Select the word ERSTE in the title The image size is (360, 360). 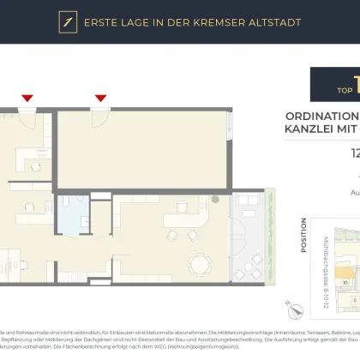tap(104, 22)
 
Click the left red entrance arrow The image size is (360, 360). tap(27, 99)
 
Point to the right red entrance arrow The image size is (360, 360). tap(101, 99)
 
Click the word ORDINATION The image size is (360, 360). tap(321, 116)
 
